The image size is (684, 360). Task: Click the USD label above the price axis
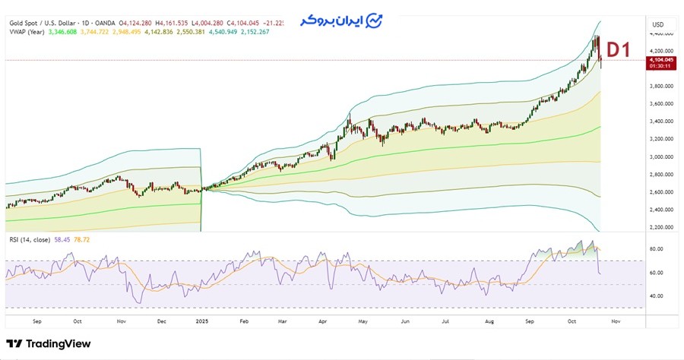tap(657, 24)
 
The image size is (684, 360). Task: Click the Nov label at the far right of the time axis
tap(616, 321)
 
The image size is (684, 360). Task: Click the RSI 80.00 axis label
tap(656, 249)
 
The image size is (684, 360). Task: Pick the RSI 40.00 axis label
tap(656, 296)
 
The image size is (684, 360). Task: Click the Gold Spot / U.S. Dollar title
tap(46, 24)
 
